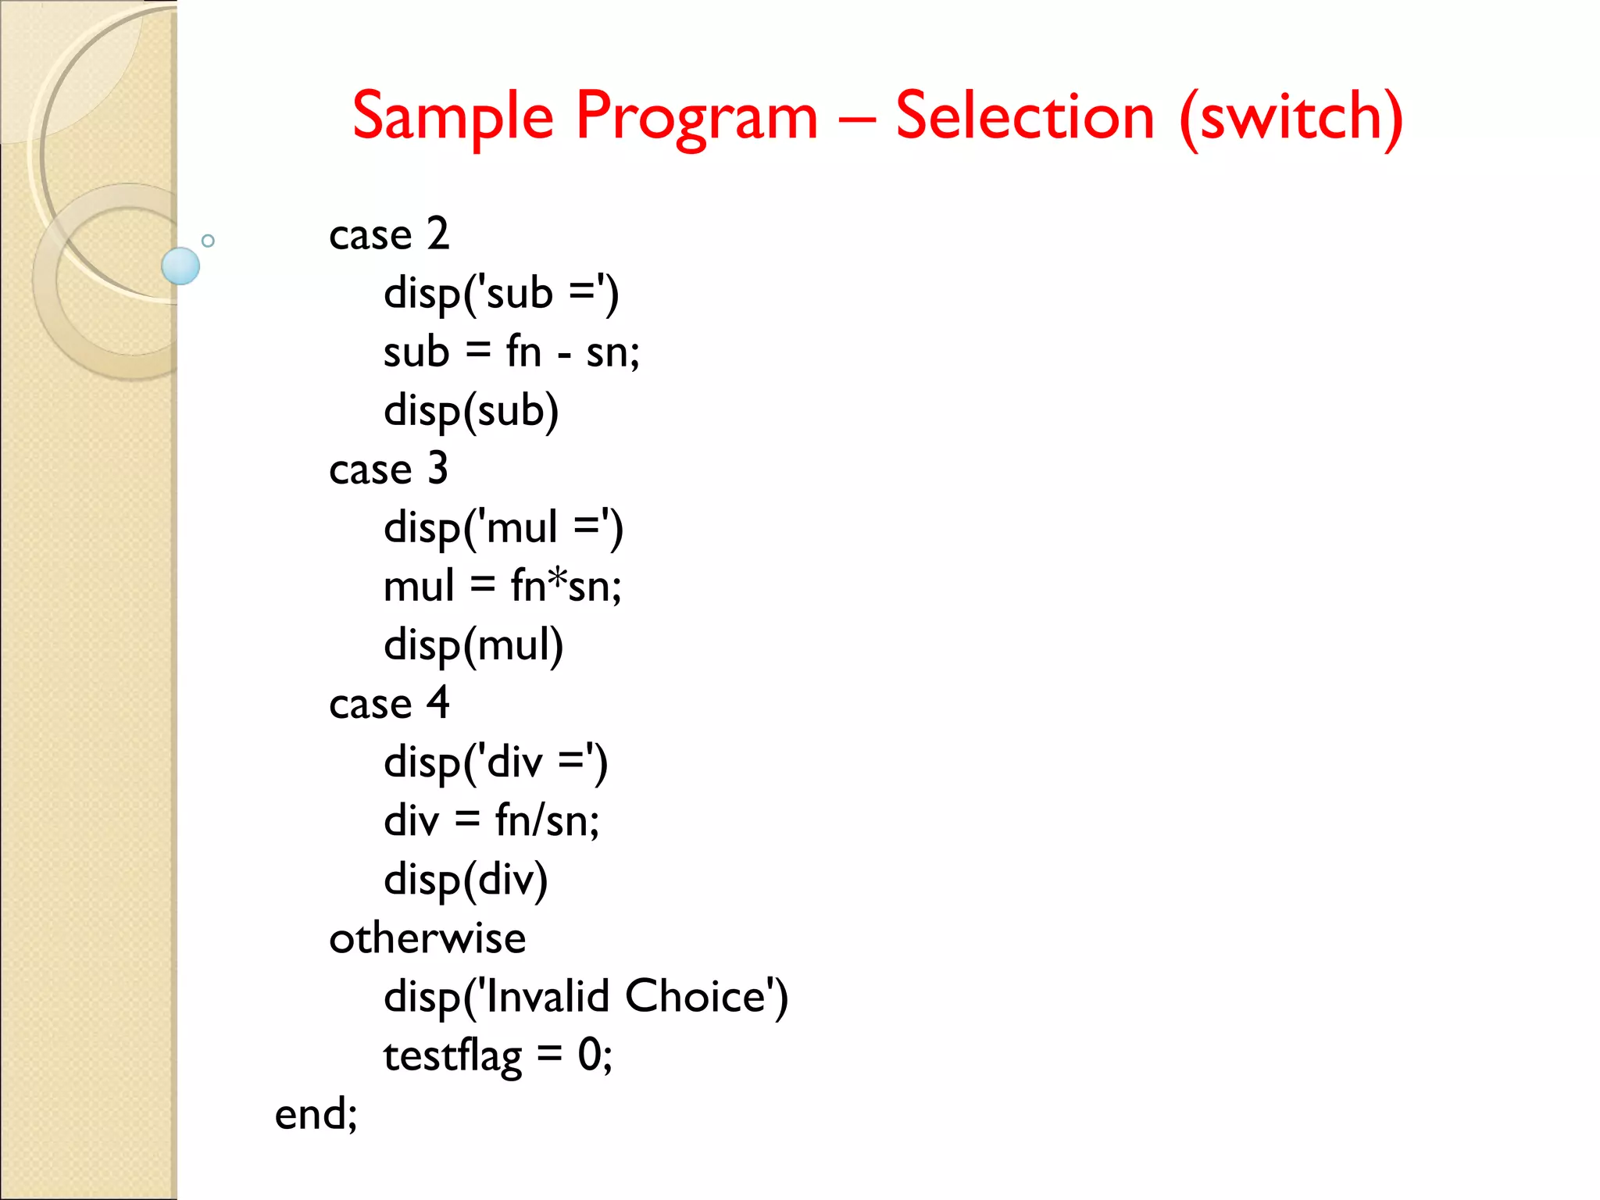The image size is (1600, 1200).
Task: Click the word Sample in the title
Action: [x=453, y=117]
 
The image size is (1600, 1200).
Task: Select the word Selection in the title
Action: [x=1024, y=117]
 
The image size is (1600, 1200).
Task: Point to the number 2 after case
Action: [x=437, y=234]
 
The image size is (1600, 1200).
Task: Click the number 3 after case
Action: [x=437, y=468]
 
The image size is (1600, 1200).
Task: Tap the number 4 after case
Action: [x=437, y=702]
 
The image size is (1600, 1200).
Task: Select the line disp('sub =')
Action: [x=501, y=295]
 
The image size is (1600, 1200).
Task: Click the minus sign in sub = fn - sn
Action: [x=564, y=356]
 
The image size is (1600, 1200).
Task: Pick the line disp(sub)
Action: [x=471, y=412]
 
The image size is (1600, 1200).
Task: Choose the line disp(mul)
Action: [x=473, y=646]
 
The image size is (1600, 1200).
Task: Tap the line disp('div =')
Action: [x=495, y=763]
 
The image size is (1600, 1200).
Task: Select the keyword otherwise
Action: [x=427, y=938]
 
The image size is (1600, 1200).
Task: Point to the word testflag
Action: [x=452, y=1057]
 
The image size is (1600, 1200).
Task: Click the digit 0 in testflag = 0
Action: [x=590, y=1055]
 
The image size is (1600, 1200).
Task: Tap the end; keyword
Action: [x=316, y=1114]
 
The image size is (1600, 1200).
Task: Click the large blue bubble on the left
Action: [x=180, y=266]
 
